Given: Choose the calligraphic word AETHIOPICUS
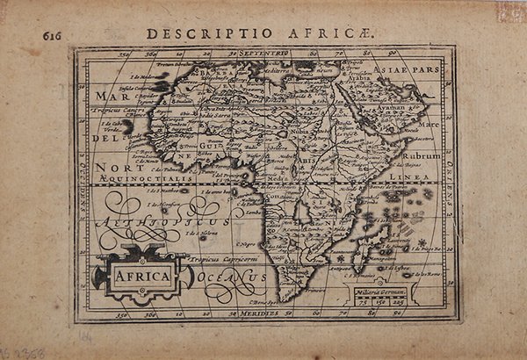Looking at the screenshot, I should [167, 221].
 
